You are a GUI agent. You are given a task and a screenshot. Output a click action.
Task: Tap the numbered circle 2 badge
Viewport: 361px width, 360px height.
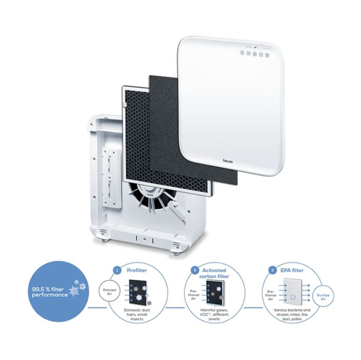click(x=194, y=269)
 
